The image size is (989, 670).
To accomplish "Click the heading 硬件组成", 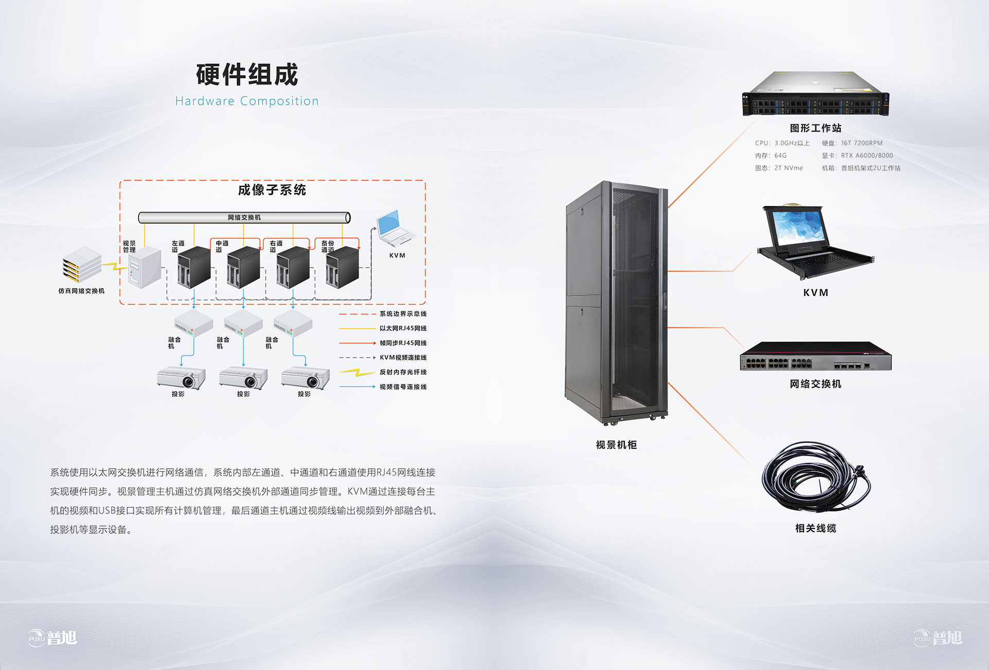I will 247,75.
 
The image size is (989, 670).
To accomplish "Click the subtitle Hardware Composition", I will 247,101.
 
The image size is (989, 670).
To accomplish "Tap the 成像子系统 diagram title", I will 272,190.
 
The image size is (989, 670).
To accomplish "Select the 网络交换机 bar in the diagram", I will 244,218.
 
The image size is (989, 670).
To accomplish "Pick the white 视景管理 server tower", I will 144,267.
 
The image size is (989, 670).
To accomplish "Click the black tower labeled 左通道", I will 194,267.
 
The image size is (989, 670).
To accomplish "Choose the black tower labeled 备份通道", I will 342,267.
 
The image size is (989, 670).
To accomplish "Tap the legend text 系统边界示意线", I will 403,314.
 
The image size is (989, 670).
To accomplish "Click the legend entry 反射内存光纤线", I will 403,372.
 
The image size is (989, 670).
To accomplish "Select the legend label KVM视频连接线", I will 403,358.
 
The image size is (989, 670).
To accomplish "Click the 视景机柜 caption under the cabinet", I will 616,445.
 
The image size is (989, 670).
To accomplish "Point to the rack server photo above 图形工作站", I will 815,94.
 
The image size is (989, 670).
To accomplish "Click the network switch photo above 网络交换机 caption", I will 815,356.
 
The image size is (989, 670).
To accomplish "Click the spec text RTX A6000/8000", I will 867,155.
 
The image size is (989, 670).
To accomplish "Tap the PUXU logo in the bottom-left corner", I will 53,638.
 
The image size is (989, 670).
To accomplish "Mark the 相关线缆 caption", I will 815,528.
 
